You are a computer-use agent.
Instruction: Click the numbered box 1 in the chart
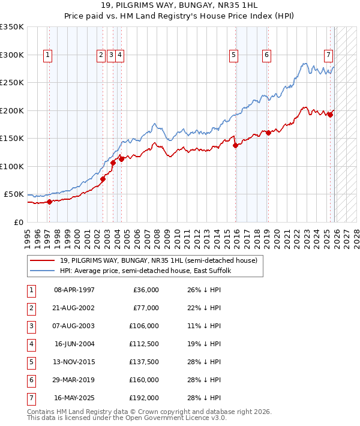click(47, 55)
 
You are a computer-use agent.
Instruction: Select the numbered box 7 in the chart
click(328, 55)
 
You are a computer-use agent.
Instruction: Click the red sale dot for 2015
click(235, 145)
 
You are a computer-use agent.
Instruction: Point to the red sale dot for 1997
click(50, 202)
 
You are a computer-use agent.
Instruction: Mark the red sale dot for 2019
click(268, 133)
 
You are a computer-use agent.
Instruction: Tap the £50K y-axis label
click(14, 194)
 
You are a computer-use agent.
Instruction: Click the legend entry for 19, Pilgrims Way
click(158, 260)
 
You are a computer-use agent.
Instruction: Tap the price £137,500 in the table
click(145, 362)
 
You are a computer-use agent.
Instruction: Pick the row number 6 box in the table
click(31, 380)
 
